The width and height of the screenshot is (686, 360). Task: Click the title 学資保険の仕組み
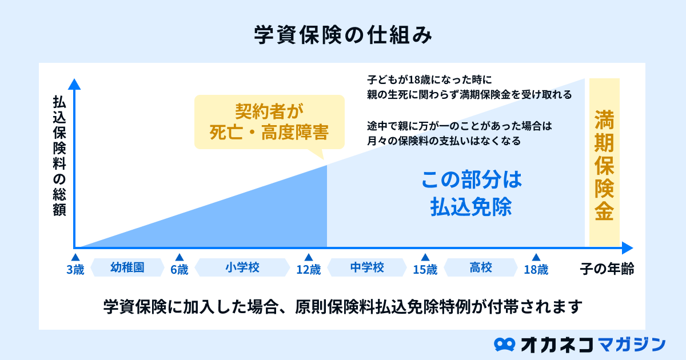pyautogui.click(x=343, y=35)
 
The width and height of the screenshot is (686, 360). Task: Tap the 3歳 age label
pyautogui.click(x=75, y=270)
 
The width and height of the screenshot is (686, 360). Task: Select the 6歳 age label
pyautogui.click(x=180, y=270)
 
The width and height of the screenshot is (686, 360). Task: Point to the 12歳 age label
pyautogui.click(x=309, y=270)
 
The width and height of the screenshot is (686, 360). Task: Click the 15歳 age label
pyautogui.click(x=425, y=270)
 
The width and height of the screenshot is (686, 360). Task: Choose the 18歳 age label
pyautogui.click(x=536, y=270)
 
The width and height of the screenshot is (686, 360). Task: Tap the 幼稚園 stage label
pyautogui.click(x=127, y=267)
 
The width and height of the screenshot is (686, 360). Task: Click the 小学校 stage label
pyautogui.click(x=242, y=267)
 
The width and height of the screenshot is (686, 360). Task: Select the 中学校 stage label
pyautogui.click(x=367, y=267)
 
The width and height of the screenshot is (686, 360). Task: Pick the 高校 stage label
pyautogui.click(x=481, y=267)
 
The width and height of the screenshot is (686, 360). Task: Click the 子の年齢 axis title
pyautogui.click(x=607, y=269)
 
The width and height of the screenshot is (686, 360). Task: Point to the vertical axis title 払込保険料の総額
pyautogui.click(x=59, y=156)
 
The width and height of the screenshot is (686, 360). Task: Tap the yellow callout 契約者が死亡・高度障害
pyautogui.click(x=269, y=122)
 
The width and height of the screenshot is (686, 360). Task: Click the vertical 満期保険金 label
pyautogui.click(x=604, y=165)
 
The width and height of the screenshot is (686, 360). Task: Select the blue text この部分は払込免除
pyautogui.click(x=471, y=193)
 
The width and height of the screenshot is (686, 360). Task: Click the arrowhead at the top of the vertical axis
pyautogui.click(x=74, y=84)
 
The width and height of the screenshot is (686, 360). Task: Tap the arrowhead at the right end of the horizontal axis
pyautogui.click(x=628, y=247)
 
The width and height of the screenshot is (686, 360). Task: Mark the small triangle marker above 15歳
pyautogui.click(x=425, y=258)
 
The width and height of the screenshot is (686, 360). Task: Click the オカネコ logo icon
pyautogui.click(x=504, y=345)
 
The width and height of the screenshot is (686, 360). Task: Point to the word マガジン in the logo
pyautogui.click(x=632, y=345)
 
